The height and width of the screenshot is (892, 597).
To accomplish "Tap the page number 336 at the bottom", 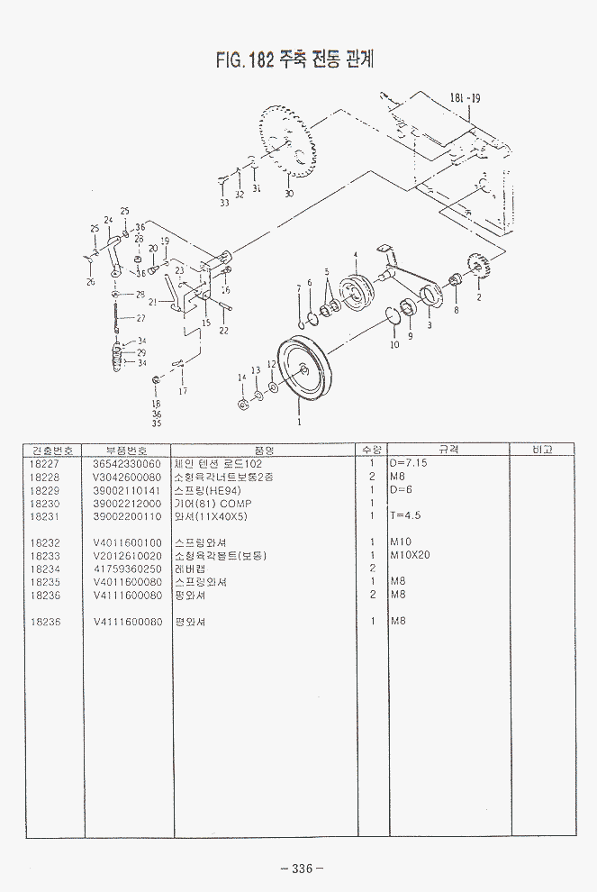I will pos(301,869).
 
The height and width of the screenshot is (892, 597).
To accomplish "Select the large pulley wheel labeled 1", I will pos(303,367).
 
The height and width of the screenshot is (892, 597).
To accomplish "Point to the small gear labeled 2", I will pos(475,266).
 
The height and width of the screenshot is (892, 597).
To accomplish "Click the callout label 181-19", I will pos(465,98).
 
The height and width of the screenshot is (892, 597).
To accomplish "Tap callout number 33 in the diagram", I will pos(224,203).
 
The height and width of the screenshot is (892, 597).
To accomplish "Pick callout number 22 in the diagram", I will pos(223,331).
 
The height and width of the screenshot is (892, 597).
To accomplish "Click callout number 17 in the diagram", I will pos(183,391).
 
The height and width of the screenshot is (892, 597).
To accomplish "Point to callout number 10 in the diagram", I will pos(394,344).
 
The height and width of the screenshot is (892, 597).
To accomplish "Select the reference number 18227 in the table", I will pos(44,463).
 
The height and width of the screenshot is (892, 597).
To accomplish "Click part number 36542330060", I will pos(127,463).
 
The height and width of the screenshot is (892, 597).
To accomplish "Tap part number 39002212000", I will pos(127,503).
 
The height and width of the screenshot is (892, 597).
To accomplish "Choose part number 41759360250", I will pos(127,569).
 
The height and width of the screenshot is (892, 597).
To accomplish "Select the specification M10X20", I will pos(410,555).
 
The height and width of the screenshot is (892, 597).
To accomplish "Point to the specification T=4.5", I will pos(405,515).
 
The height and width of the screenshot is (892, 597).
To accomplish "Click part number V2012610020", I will pos(127,555).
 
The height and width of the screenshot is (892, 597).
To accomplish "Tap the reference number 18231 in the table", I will pos(44,515).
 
